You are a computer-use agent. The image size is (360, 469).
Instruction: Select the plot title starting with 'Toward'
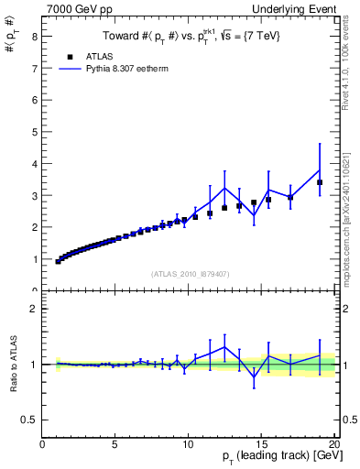point(190,36)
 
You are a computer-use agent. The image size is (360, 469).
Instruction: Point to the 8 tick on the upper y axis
point(34,36)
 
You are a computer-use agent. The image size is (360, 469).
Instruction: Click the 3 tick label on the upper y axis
point(34,195)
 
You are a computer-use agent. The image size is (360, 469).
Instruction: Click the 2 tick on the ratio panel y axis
point(34,310)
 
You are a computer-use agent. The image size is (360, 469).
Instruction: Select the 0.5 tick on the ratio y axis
point(29,420)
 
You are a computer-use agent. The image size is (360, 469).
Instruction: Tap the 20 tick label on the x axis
point(334,444)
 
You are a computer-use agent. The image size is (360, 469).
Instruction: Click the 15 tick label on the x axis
point(261,444)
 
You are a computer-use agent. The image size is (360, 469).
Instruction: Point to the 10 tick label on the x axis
point(188,444)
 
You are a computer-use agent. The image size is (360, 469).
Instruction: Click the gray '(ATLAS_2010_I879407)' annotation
point(190,273)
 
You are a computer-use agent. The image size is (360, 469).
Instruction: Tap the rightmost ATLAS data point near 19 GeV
point(320,182)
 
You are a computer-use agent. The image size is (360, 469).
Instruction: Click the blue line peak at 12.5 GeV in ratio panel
point(224,347)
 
